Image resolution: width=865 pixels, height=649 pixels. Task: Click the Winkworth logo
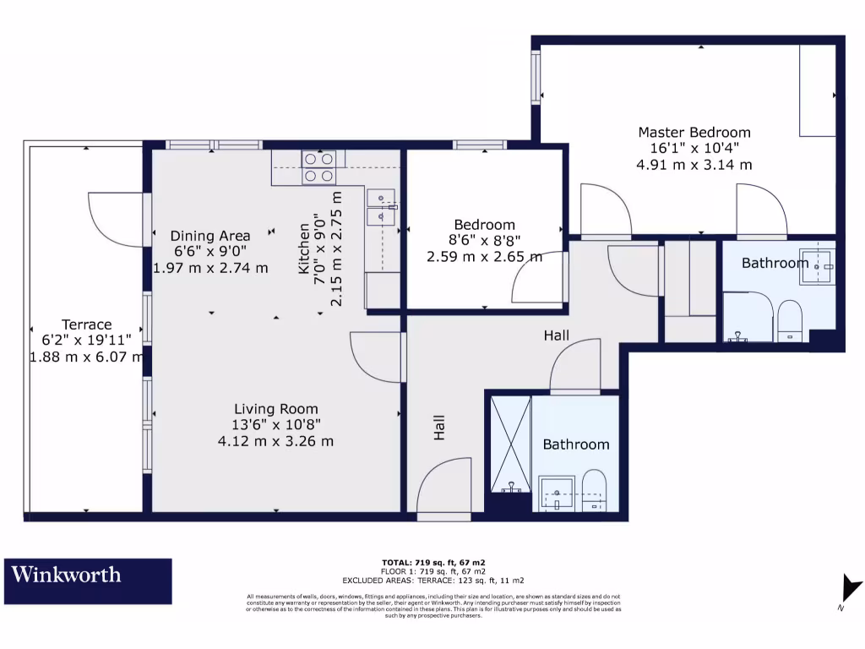click(x=88, y=581)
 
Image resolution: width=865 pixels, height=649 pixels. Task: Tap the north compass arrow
click(x=851, y=589)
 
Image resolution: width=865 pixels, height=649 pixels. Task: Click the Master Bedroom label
click(x=694, y=133)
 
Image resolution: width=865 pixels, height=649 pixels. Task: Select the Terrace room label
click(x=86, y=324)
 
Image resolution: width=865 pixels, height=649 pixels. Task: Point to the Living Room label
click(x=276, y=410)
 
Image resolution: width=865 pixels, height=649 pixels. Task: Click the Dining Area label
click(x=211, y=237)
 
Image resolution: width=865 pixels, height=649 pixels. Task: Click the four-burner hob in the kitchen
click(x=319, y=167)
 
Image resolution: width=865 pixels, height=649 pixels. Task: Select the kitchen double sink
click(x=382, y=208)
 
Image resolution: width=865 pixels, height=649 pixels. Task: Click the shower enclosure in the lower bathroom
click(x=512, y=444)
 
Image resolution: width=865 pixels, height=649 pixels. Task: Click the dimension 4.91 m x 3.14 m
click(x=694, y=165)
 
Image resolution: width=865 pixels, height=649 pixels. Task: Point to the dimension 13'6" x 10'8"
click(x=276, y=425)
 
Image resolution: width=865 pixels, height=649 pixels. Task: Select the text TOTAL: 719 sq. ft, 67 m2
click(x=433, y=562)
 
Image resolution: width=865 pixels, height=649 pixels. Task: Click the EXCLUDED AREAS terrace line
click(x=433, y=581)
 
